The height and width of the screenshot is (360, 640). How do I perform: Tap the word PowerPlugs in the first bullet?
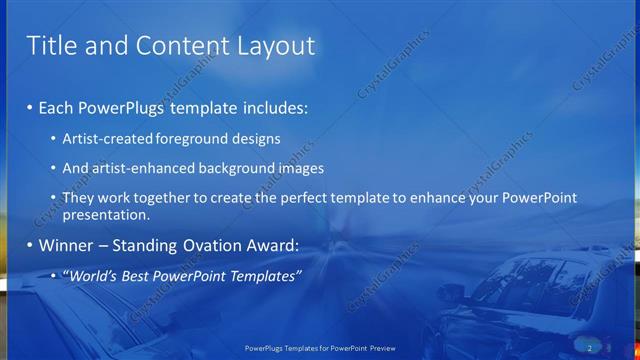122,106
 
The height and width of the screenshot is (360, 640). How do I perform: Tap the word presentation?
106,214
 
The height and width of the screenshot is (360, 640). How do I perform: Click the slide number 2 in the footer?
590,347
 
